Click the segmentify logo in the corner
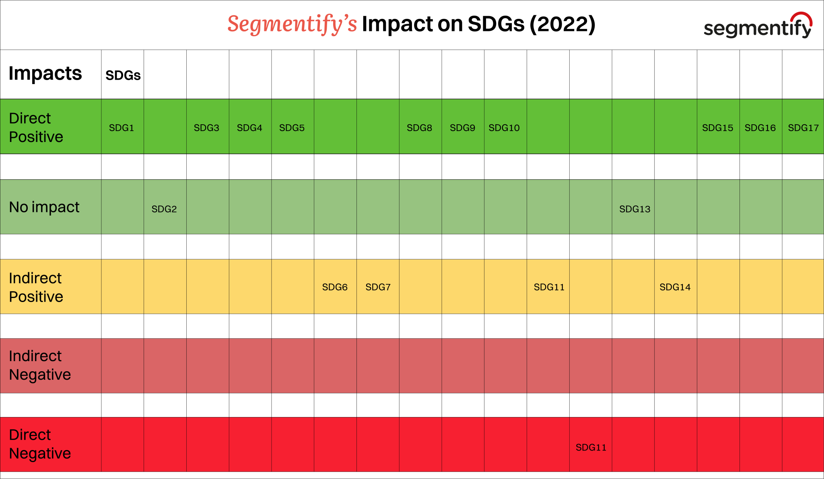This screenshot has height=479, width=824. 758,26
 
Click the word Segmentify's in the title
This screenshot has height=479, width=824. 292,24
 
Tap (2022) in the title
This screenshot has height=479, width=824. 562,24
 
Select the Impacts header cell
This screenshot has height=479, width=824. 45,74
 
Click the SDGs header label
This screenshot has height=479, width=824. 123,75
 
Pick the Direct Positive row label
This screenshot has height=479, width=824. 36,127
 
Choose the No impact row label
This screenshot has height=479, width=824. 44,207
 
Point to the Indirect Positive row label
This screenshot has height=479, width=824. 36,287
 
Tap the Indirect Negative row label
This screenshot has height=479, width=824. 40,365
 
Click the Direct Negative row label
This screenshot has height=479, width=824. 40,444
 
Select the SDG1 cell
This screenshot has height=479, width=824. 122,128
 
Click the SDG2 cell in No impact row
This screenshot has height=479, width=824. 164,209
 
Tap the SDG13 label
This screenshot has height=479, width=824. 634,209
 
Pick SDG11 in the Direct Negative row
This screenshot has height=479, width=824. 591,448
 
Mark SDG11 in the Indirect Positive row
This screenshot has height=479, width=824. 549,287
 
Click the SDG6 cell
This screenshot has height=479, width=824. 335,287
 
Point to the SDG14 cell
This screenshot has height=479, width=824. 675,287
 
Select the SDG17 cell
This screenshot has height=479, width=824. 803,128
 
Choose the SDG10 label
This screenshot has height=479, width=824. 504,128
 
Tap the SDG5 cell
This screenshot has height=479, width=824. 292,128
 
